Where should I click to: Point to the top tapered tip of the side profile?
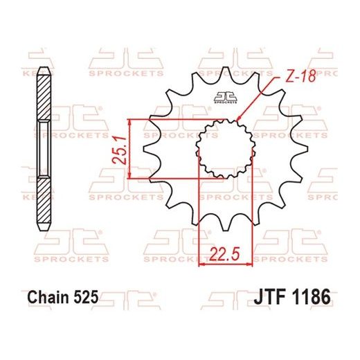click(x=43, y=69)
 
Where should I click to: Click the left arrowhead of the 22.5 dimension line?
click(x=201, y=263)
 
